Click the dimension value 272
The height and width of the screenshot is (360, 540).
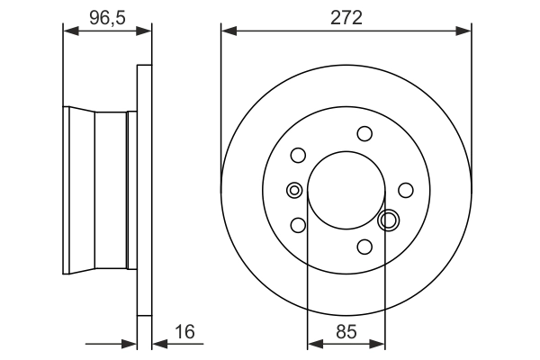pyautogui.click(x=346, y=17)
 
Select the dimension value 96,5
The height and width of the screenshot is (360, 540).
pyautogui.click(x=106, y=15)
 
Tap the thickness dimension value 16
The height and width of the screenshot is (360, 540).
pyautogui.click(x=184, y=331)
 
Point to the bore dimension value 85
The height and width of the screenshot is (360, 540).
pyautogui.click(x=346, y=331)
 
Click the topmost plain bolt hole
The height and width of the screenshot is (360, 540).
pyautogui.click(x=364, y=134)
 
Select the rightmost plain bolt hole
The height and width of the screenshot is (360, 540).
pyautogui.click(x=406, y=190)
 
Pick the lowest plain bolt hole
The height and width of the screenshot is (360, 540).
pyautogui.click(x=364, y=247)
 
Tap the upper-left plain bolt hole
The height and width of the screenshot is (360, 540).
pyautogui.click(x=298, y=155)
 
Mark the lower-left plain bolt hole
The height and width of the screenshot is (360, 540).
pyautogui.click(x=298, y=225)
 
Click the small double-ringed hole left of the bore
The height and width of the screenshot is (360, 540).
pyautogui.click(x=293, y=190)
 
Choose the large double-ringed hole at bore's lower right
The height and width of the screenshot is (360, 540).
pyautogui.click(x=390, y=220)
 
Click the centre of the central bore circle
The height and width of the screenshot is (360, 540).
pyautogui.click(x=346, y=190)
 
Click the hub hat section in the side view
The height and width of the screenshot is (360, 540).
pyautogui.click(x=99, y=190)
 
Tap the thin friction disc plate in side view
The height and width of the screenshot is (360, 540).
pyautogui.click(x=144, y=190)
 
